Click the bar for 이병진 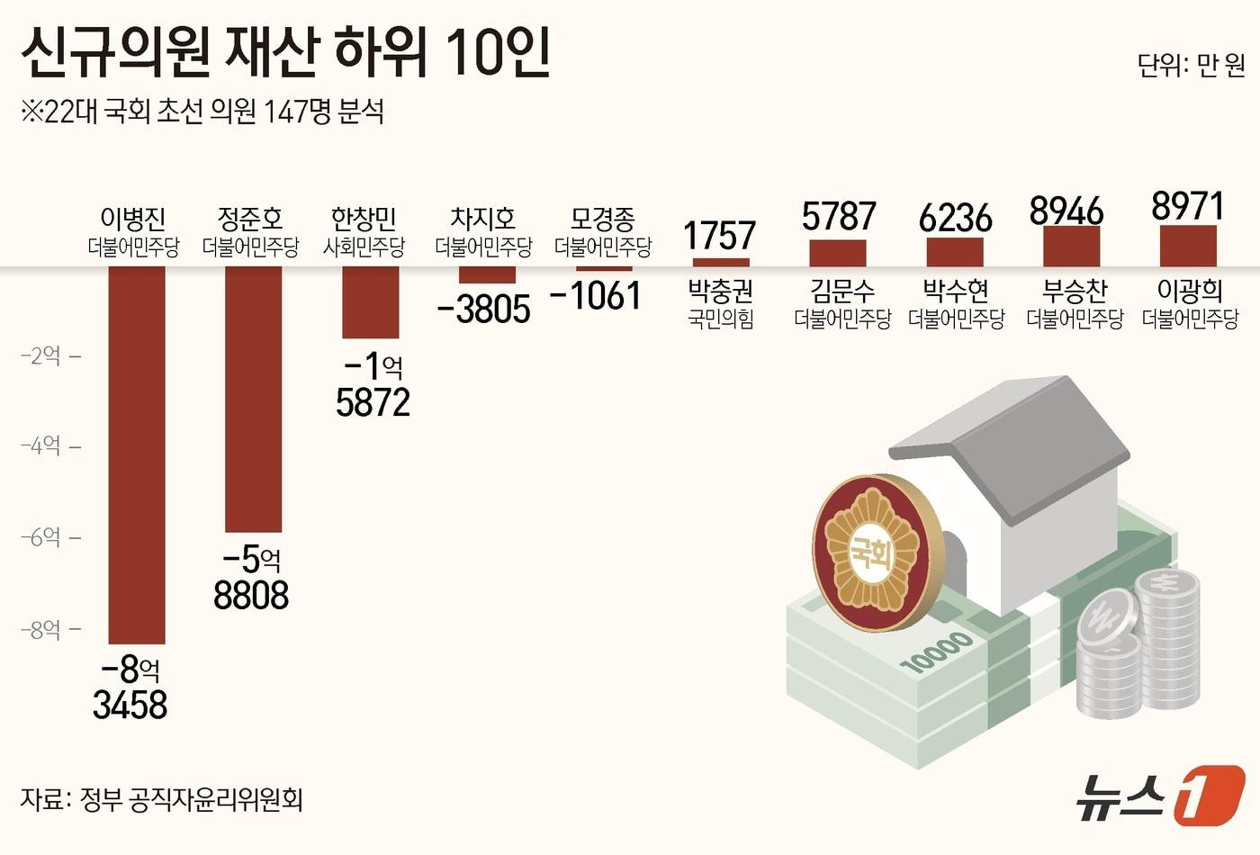pos(137,454)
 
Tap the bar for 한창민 pos(370,302)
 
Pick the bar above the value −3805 pos(487,274)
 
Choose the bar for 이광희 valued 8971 pos(1188,246)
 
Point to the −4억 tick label pos(41,445)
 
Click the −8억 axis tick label pos(41,629)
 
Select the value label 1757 pos(719,236)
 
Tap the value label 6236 pos(955,218)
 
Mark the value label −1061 pos(595,296)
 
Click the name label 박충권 pos(720,291)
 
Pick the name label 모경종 pos(603,219)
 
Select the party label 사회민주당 pos(364,246)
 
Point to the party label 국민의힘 pos(720,319)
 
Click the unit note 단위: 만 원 pos(1191,65)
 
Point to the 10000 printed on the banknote pos(936,651)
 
